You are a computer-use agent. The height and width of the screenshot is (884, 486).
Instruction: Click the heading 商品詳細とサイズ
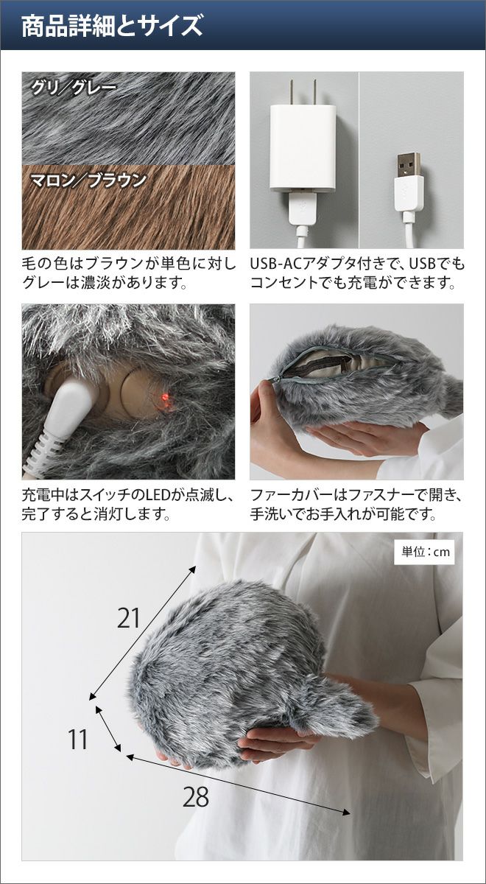pyautogui.click(x=112, y=26)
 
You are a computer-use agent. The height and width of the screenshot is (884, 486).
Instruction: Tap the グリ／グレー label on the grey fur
pyautogui.click(x=74, y=88)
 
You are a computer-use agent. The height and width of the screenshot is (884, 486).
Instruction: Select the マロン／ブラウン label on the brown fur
pyautogui.click(x=89, y=180)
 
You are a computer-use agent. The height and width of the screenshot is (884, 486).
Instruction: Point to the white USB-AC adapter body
pyautogui.click(x=303, y=149)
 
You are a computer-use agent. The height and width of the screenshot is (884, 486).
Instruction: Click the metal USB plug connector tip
pyautogui.click(x=409, y=164)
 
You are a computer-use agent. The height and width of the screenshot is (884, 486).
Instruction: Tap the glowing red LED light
pyautogui.click(x=166, y=397)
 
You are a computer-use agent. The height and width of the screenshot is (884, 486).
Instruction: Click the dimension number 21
pyautogui.click(x=129, y=617)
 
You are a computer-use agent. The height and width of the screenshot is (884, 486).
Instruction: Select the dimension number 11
pyautogui.click(x=78, y=729)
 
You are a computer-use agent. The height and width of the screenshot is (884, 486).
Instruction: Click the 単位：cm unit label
pyautogui.click(x=426, y=552)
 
